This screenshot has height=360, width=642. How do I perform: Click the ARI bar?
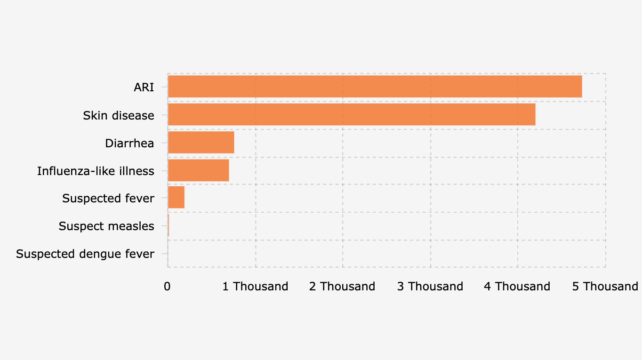[x=375, y=87]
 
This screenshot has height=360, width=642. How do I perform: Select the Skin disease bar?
[x=352, y=114]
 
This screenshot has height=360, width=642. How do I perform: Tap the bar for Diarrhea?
[x=201, y=142]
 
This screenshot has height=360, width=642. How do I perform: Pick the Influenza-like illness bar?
[x=198, y=170]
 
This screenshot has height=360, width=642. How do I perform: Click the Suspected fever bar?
[x=176, y=198]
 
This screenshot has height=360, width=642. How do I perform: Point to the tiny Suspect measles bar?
[x=168, y=225]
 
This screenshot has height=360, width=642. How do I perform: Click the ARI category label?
[x=144, y=88]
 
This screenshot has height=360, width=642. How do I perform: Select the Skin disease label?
[x=119, y=115]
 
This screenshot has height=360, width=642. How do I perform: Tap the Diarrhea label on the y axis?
[x=129, y=143]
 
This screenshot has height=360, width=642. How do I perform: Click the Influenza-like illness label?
[x=96, y=171]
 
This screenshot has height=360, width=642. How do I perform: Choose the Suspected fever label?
[x=108, y=199]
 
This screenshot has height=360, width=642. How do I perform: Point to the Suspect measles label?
[x=106, y=226]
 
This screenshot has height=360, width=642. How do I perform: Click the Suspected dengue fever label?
[x=85, y=254]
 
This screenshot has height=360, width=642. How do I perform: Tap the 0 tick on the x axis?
[x=167, y=286]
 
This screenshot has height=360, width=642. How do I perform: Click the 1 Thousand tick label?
[x=255, y=286]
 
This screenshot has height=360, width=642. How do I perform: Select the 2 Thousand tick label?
[x=342, y=286]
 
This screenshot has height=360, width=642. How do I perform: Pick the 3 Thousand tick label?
[x=430, y=286]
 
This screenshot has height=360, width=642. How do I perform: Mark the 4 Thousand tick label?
[x=517, y=286]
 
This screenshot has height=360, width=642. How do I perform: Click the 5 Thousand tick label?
[x=605, y=286]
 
